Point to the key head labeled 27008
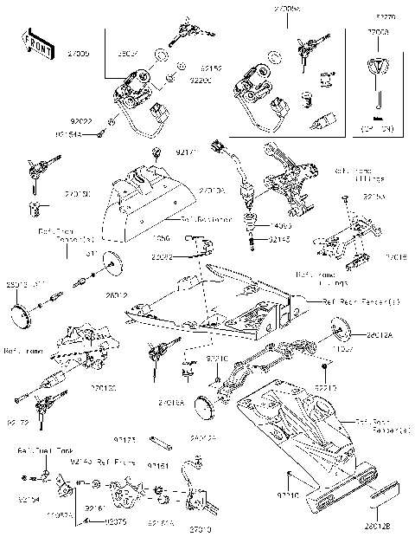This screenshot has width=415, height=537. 379,68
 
